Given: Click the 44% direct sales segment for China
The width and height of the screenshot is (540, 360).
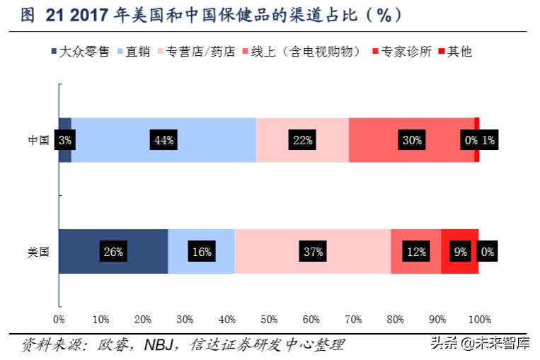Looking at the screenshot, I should click(163, 140).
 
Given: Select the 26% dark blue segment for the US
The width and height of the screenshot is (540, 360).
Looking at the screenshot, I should click(113, 251).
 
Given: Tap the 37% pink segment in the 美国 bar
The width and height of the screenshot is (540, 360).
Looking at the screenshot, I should click(313, 251).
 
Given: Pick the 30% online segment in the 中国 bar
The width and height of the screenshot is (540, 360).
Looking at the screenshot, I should click(411, 140).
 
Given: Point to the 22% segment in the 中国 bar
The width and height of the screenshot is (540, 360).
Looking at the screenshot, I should click(302, 140).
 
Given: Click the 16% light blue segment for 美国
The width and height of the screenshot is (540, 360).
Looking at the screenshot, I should click(202, 251).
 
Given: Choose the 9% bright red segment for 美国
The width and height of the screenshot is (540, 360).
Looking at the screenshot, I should click(460, 251).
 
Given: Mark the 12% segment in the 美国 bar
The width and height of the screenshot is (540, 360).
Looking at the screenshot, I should click(415, 251).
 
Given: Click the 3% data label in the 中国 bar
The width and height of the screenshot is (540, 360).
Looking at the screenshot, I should click(65, 140).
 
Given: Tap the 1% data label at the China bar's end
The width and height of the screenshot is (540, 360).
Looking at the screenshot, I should click(488, 140).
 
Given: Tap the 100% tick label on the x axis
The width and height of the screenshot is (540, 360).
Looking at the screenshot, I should click(479, 319).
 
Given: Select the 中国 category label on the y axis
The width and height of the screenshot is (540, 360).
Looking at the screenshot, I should click(38, 140).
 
